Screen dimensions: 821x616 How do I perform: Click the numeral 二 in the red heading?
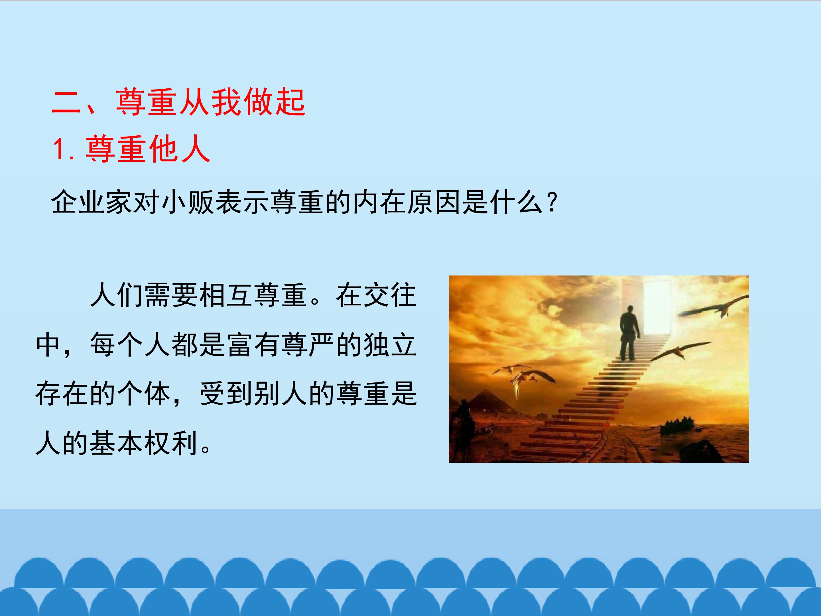pyautogui.click(x=66, y=102)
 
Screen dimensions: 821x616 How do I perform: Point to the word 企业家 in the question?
pyautogui.click(x=92, y=202)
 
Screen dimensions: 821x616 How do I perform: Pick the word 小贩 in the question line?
pyautogui.click(x=188, y=202)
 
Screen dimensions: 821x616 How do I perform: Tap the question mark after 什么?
pyautogui.click(x=552, y=202)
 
